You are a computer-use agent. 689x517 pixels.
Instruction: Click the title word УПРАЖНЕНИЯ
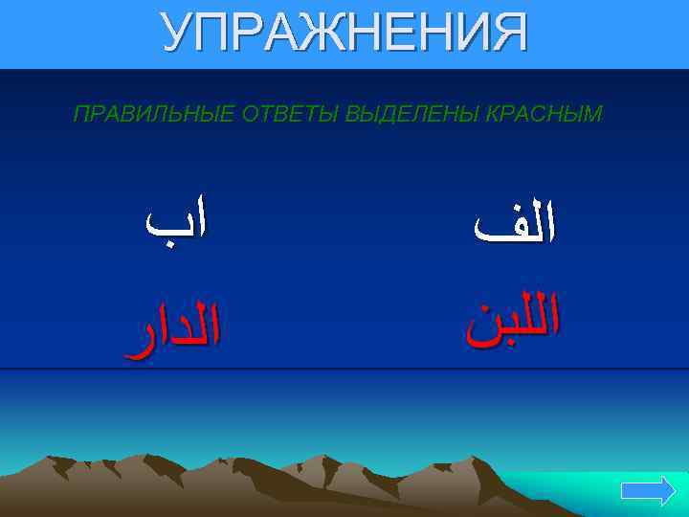coord(344,34)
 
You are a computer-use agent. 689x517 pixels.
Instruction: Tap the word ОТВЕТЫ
coord(278,115)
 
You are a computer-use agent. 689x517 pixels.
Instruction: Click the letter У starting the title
coord(178,34)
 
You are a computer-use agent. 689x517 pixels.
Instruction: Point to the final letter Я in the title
coord(507,34)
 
